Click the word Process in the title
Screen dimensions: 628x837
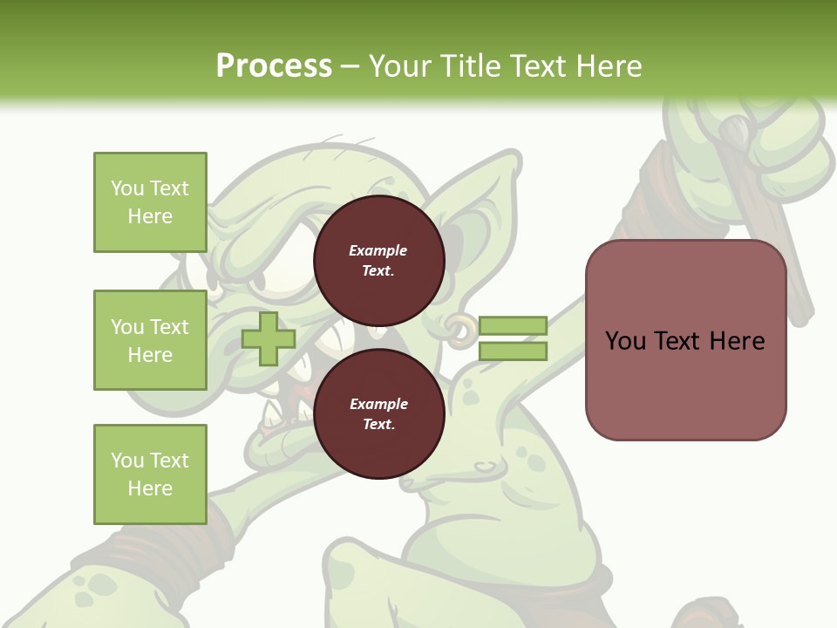274,65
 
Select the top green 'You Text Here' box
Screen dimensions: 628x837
150,202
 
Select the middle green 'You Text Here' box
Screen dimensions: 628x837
150,340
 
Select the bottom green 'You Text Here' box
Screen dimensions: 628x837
150,474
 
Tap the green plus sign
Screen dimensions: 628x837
269,338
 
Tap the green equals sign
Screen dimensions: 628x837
513,338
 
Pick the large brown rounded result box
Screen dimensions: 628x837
685,340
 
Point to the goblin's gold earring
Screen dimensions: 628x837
461,326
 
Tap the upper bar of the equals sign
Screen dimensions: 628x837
513,326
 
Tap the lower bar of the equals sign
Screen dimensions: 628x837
513,351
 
